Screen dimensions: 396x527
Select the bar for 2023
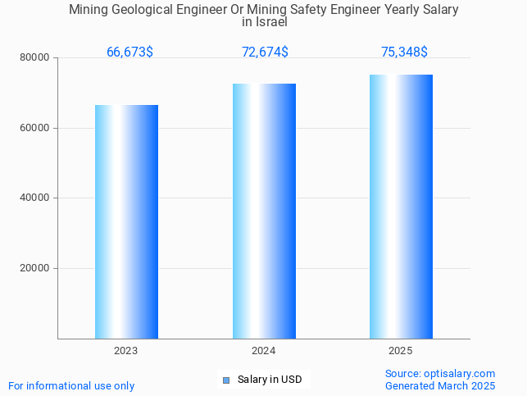126,221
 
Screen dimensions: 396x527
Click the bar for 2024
264,211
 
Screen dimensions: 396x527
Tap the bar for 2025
401,207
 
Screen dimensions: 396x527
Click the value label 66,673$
129,52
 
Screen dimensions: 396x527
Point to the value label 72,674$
265,52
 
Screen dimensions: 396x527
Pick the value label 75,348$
404,52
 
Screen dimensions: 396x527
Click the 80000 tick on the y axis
36,58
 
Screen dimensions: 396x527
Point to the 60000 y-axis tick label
36,128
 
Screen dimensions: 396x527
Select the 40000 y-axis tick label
36,198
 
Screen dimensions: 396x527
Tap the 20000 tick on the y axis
36,268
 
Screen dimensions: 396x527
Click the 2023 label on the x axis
126,351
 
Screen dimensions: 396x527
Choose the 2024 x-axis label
264,351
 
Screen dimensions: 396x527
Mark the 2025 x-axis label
401,351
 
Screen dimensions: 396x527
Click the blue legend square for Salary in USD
226,380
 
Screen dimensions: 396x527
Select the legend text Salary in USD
270,380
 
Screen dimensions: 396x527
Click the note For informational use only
71,386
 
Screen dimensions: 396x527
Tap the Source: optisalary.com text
440,374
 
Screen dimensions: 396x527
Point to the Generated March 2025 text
440,386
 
